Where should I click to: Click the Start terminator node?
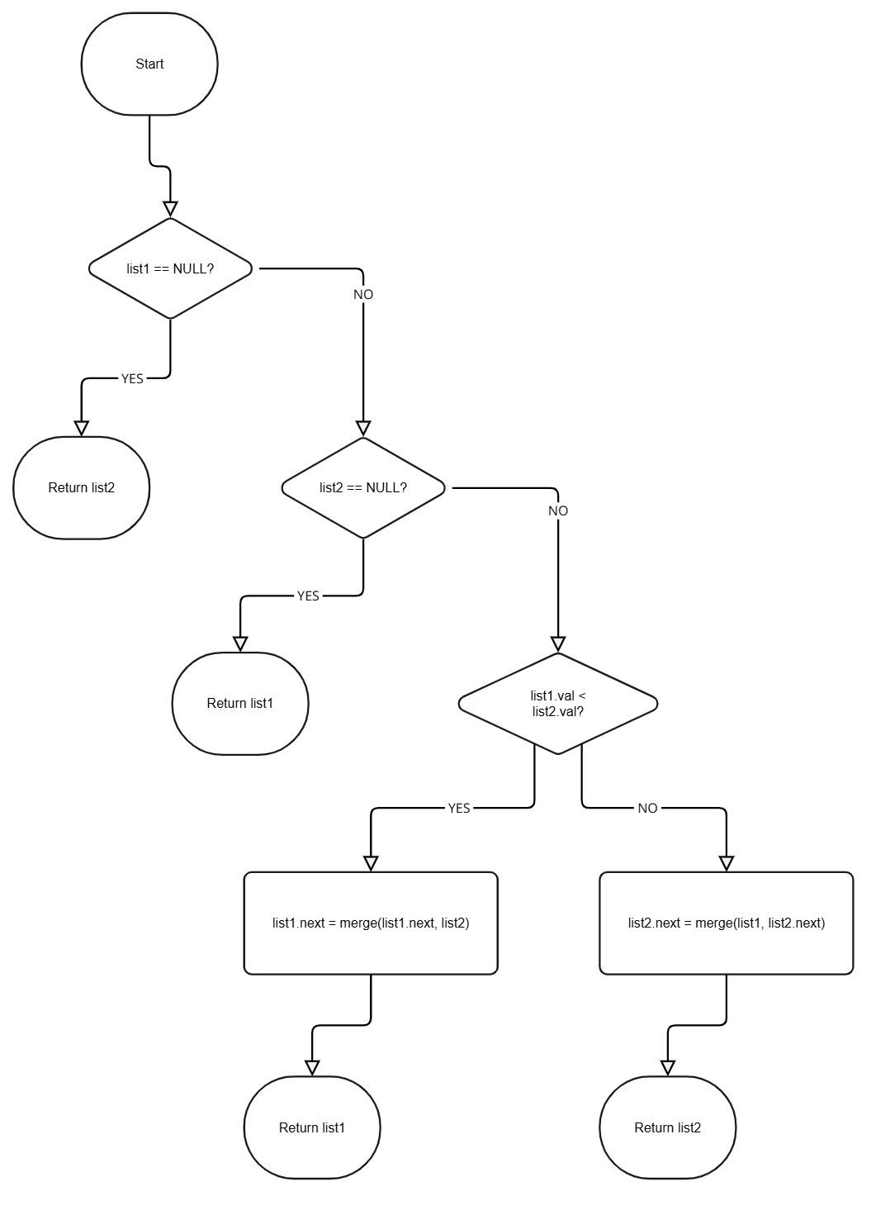[149, 64]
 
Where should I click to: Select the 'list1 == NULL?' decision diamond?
[170, 268]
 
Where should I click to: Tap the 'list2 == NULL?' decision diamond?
[363, 487]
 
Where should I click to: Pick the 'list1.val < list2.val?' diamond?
[558, 704]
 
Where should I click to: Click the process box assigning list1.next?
[371, 923]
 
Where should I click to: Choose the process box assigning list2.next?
[726, 923]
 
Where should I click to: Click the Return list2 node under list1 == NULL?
[82, 487]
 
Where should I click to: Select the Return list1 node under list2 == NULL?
[240, 704]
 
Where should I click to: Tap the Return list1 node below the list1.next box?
[312, 1127]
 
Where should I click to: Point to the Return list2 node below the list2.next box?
[667, 1127]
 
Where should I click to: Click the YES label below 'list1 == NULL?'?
[132, 378]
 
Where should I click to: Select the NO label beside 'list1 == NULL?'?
[363, 295]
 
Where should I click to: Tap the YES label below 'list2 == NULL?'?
[308, 596]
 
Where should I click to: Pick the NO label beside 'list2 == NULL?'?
[558, 511]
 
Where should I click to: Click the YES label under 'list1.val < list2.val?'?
[459, 808]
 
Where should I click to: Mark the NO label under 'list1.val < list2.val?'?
[647, 808]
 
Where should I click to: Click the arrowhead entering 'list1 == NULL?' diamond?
[170, 208]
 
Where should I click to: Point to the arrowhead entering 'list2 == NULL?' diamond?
[363, 428]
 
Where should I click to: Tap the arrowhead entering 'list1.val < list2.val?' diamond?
[558, 644]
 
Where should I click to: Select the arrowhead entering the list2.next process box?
[726, 863]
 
